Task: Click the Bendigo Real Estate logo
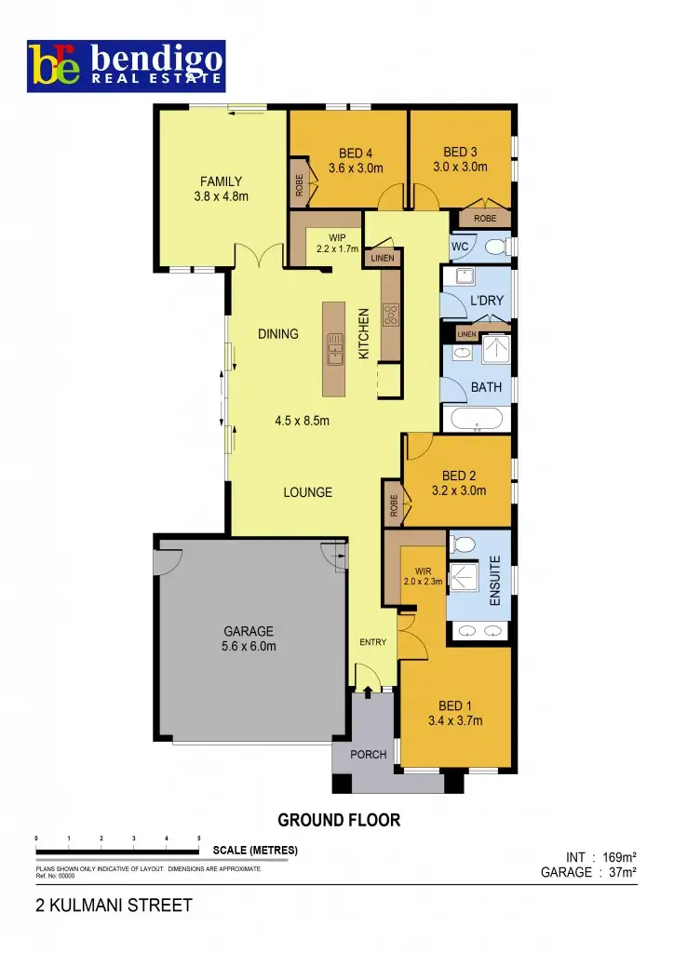(126, 65)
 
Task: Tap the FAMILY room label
(222, 181)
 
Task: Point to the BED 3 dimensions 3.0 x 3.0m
(460, 168)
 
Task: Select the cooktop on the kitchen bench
(391, 315)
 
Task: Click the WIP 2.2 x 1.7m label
(336, 243)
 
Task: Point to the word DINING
(278, 334)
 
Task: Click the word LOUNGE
(307, 492)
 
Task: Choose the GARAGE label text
(248, 631)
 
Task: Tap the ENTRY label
(372, 643)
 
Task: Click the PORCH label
(369, 755)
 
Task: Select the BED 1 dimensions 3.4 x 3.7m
(454, 720)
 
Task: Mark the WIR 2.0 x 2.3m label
(422, 577)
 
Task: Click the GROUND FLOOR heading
(339, 821)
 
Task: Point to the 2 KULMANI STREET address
(114, 906)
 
